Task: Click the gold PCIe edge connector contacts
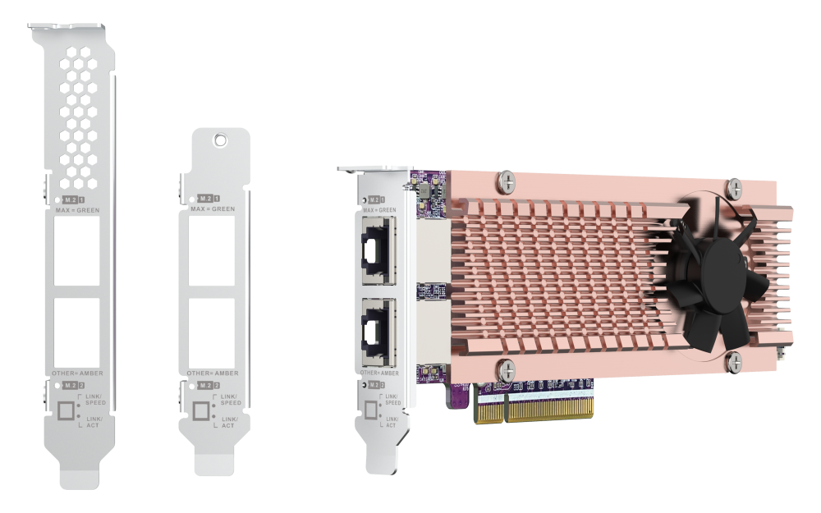click(534, 406)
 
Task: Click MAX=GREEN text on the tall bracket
click(77, 211)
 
